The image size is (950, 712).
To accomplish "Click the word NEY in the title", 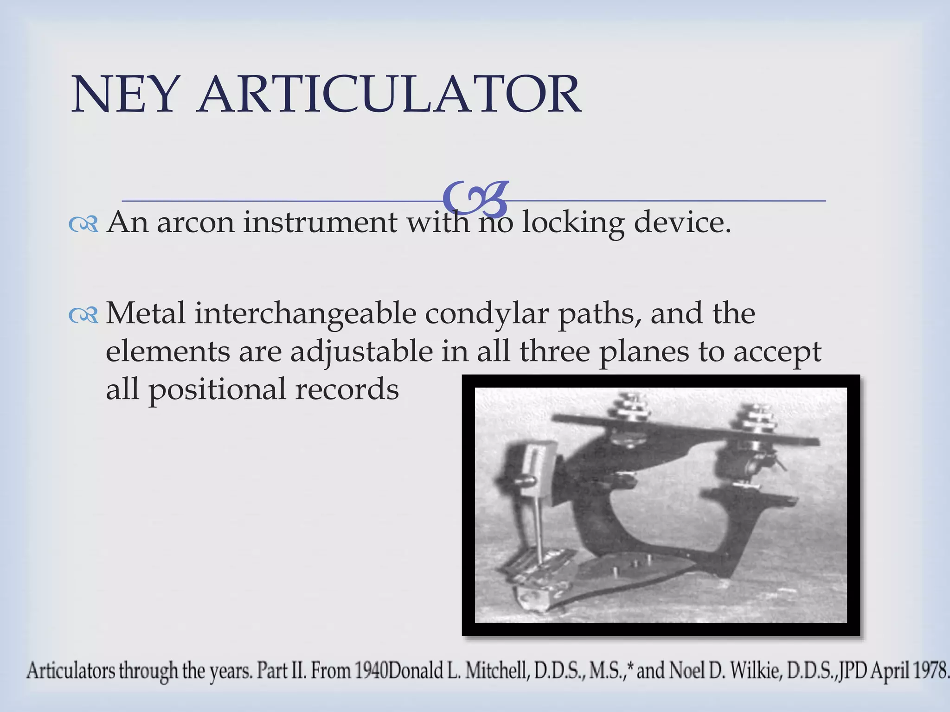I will tap(124, 95).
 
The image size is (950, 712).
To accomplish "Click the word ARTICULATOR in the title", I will tap(389, 95).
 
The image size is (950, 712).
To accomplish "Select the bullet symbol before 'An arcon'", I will tap(83, 225).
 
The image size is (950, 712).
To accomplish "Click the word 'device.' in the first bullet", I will tap(682, 222).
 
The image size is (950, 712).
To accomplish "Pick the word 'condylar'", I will tap(487, 314).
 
